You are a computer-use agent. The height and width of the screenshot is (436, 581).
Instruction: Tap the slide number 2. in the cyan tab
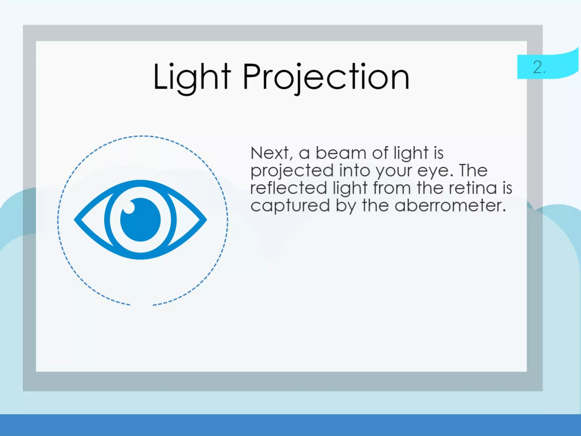(539, 68)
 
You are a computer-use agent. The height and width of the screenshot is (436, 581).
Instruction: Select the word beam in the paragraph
(341, 153)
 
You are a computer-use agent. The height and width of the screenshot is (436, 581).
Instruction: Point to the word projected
(292, 171)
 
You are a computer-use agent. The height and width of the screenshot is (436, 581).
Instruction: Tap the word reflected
(289, 188)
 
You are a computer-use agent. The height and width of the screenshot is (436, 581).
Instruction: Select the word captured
(290, 206)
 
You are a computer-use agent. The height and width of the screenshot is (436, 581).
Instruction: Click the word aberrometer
(450, 205)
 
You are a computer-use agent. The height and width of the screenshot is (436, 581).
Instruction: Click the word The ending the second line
(473, 171)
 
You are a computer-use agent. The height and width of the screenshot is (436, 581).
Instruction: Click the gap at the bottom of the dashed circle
(142, 305)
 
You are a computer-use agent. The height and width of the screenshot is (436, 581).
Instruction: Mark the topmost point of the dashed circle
(142, 136)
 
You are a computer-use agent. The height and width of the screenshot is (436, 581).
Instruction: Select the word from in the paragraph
(392, 188)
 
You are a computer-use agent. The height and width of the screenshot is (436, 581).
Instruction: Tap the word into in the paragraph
(355, 171)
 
